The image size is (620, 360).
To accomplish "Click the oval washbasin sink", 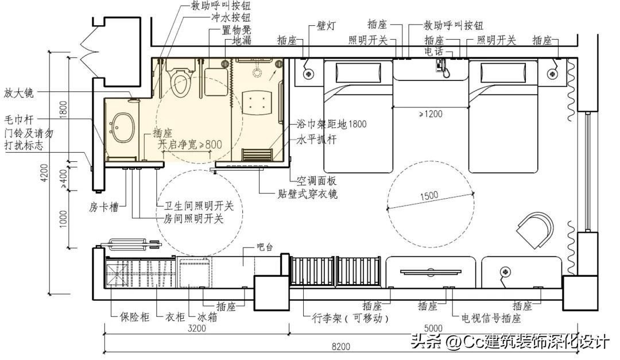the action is tap(123, 128).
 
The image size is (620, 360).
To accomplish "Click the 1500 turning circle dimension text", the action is tap(429, 196).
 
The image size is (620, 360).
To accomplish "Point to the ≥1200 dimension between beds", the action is tap(430, 114).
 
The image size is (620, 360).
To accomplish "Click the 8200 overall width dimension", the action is tap(340, 347).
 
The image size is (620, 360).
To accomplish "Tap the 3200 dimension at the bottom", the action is tap(196, 328).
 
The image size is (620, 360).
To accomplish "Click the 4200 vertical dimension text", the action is tap(45, 173).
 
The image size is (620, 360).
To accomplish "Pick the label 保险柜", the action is tap(134, 317).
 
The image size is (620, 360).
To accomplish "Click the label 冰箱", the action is tap(207, 317).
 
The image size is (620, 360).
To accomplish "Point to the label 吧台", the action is tap(265, 247).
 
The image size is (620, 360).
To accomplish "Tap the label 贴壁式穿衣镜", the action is tap(307, 194).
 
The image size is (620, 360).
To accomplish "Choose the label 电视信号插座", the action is tap(491, 318).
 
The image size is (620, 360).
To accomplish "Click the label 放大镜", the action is tap(18, 93).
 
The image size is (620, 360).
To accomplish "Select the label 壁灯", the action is tap(326, 26).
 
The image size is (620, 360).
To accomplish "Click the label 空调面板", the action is tap(316, 181).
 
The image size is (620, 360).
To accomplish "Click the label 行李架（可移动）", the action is tap(350, 318).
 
